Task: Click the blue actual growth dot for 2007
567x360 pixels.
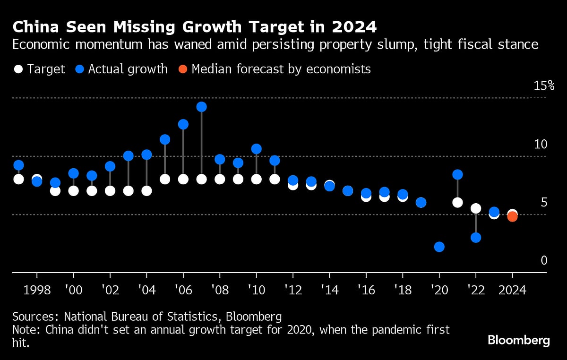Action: (201, 107)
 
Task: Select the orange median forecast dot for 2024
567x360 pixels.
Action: (512, 216)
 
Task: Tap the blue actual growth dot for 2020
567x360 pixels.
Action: (439, 247)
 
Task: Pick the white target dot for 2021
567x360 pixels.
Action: (457, 202)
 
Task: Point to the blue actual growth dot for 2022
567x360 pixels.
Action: (476, 237)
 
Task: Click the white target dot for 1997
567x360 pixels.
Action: (18, 179)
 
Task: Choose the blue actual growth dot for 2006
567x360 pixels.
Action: (183, 124)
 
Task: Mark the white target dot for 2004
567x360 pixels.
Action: (146, 190)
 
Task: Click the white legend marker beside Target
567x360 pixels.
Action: (18, 69)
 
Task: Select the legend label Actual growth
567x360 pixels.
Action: (128, 69)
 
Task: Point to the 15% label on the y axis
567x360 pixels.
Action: (543, 86)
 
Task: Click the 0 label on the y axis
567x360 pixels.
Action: (544, 260)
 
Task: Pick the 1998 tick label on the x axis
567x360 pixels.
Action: (36, 289)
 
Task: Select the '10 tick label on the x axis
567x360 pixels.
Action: (256, 289)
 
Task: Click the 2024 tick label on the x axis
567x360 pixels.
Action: (512, 289)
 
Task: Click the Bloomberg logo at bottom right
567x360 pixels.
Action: (518, 340)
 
